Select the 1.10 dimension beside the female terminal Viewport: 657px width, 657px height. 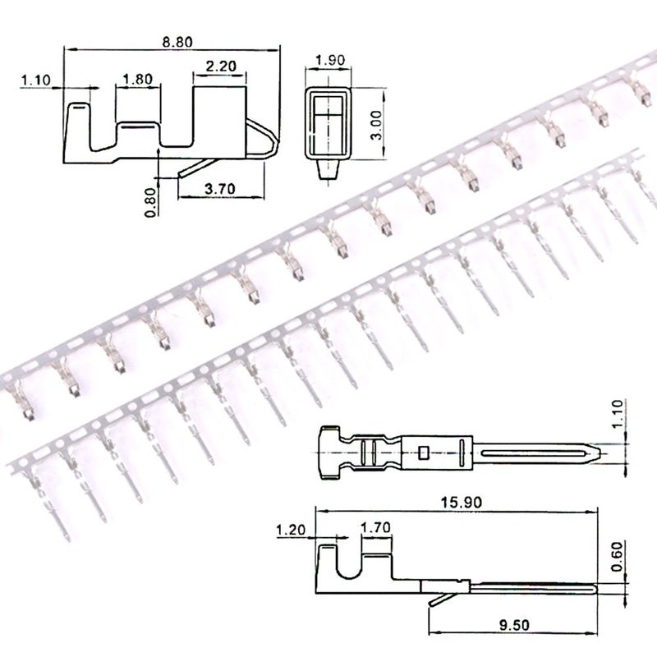[x=35, y=80]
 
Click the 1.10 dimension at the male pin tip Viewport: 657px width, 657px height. [x=619, y=416]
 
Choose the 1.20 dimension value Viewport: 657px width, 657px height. [x=292, y=530]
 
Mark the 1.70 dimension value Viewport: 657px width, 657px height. [x=374, y=530]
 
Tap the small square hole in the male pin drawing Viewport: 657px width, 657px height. [x=424, y=451]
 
